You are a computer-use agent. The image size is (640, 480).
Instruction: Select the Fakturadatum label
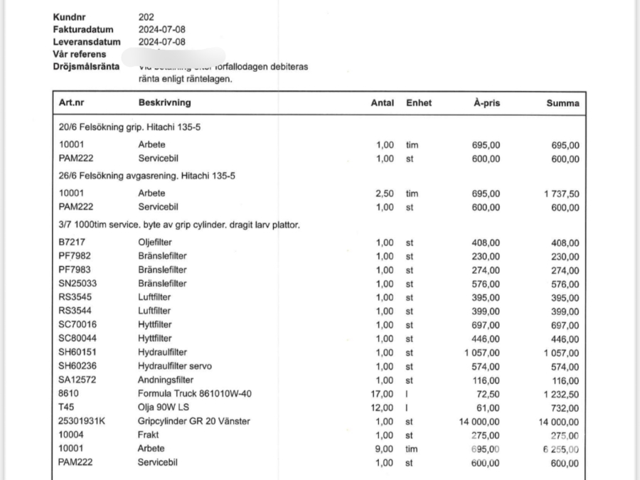[x=83, y=29]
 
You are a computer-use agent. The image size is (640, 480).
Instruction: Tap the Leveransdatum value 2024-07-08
[x=162, y=42]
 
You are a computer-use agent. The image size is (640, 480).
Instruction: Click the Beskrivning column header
[x=164, y=103]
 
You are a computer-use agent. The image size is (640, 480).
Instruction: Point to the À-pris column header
[x=486, y=103]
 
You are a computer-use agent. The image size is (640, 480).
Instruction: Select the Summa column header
[x=562, y=103]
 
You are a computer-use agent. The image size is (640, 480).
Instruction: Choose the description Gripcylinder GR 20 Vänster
[x=194, y=422]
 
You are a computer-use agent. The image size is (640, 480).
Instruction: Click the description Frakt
[x=149, y=435]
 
